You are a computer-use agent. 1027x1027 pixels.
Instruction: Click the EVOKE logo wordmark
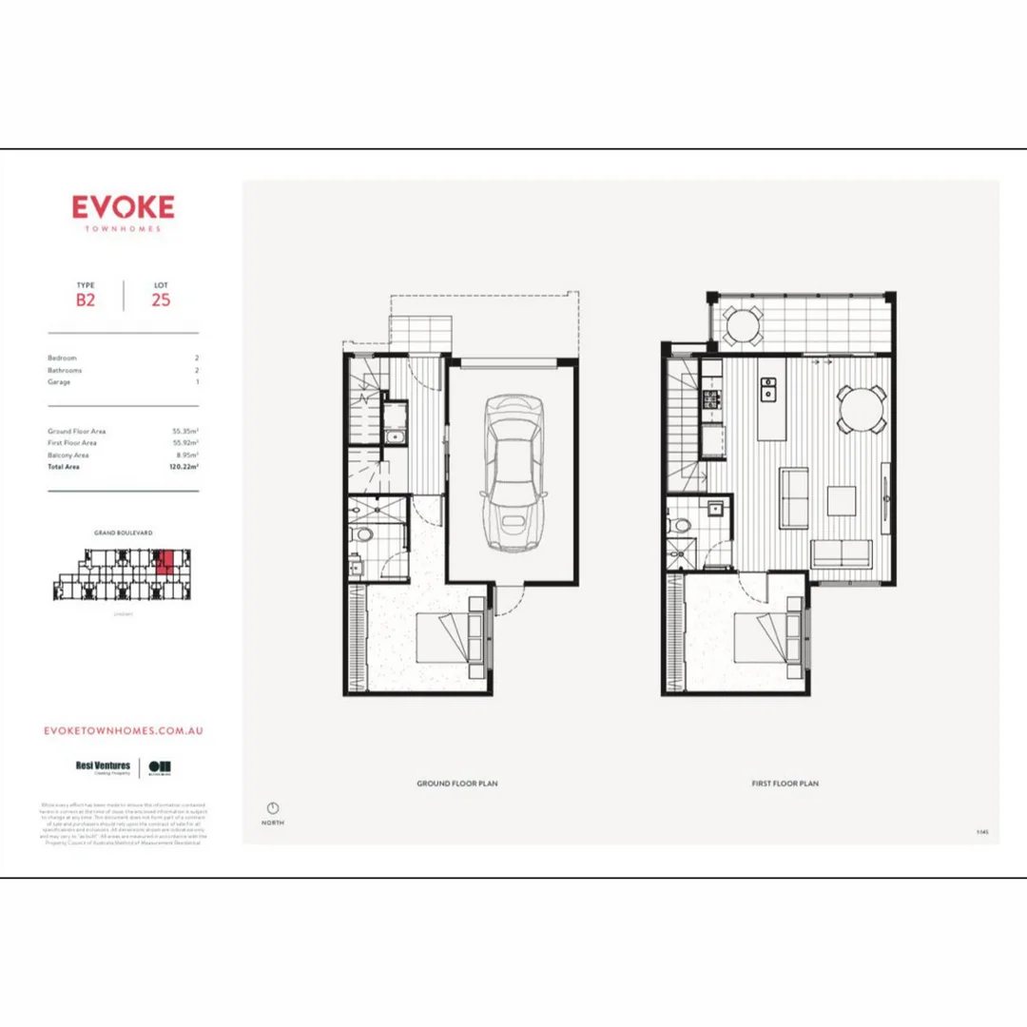point(123,207)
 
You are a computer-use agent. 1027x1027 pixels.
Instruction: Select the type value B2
point(87,300)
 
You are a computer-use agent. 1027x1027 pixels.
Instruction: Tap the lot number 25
point(161,300)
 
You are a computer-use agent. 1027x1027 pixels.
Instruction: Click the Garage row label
point(59,381)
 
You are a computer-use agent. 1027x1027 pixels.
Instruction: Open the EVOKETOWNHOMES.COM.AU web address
point(124,730)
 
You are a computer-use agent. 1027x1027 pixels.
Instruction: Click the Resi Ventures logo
point(103,766)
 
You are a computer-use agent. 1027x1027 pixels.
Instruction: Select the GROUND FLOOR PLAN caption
point(456,784)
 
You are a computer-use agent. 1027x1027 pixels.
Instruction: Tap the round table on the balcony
point(742,326)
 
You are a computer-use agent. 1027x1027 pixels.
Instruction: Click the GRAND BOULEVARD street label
point(123,533)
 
